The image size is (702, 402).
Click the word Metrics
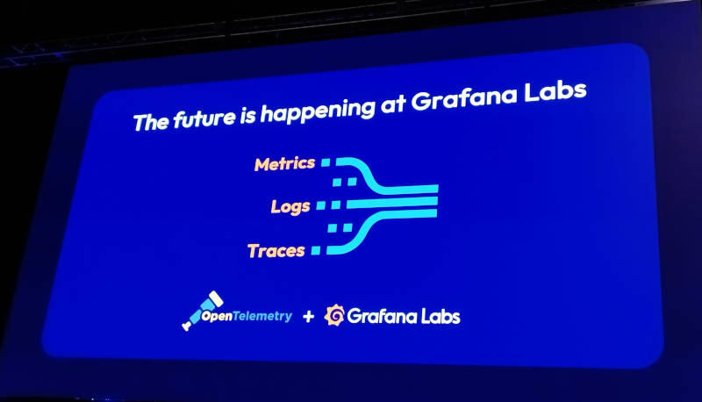pyautogui.click(x=284, y=164)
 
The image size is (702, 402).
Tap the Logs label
pyautogui.click(x=290, y=207)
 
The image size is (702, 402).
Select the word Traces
pyautogui.click(x=276, y=251)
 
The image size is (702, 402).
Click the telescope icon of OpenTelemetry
pyautogui.click(x=203, y=310)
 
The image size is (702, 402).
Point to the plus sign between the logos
pyautogui.click(x=308, y=317)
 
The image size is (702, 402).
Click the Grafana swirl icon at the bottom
pyautogui.click(x=334, y=315)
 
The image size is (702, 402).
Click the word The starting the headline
pyautogui.click(x=152, y=121)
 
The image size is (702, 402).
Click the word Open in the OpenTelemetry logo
pyautogui.click(x=217, y=316)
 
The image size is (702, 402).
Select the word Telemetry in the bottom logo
pyautogui.click(x=262, y=316)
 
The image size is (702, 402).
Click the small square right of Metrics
pyautogui.click(x=326, y=162)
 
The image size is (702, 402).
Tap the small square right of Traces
pyautogui.click(x=316, y=250)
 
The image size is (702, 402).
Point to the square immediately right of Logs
pyautogui.click(x=321, y=205)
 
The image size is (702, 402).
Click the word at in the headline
pyautogui.click(x=393, y=105)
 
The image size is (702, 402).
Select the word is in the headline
pyautogui.click(x=247, y=116)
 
